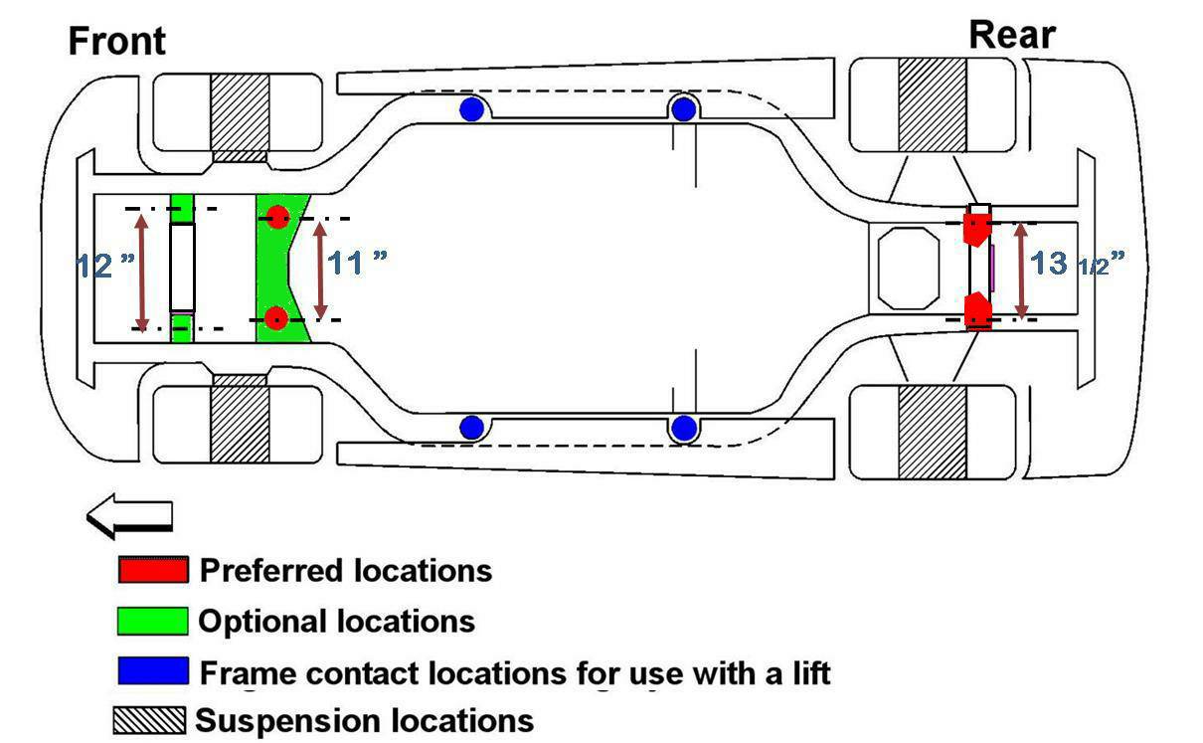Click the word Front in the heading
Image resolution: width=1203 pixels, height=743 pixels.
coord(117,42)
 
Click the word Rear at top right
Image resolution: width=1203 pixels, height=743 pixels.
coord(1012,36)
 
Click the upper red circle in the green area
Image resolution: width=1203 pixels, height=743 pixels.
coord(277,216)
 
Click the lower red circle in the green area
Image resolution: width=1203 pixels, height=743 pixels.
coord(277,318)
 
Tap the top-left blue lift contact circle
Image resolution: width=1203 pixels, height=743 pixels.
coord(471,109)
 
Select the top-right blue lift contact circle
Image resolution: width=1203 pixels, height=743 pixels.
coord(683,109)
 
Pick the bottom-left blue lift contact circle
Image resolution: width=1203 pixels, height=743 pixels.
coord(471,428)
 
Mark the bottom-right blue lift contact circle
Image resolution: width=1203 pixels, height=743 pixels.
coord(683,428)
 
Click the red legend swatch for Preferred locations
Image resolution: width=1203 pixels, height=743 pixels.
coord(153,571)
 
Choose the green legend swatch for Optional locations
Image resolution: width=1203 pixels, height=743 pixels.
coord(153,622)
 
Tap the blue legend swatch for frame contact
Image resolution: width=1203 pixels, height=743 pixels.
coord(153,671)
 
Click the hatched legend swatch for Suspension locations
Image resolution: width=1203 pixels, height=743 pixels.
coord(149,720)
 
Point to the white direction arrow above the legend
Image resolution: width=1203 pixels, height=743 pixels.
coord(130,516)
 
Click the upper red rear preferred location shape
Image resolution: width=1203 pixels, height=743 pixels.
coord(978,228)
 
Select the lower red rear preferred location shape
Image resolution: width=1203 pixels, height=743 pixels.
coord(979,309)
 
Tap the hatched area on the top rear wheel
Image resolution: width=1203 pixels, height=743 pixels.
coord(932,104)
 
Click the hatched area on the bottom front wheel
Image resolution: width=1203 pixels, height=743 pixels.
coord(239,422)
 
